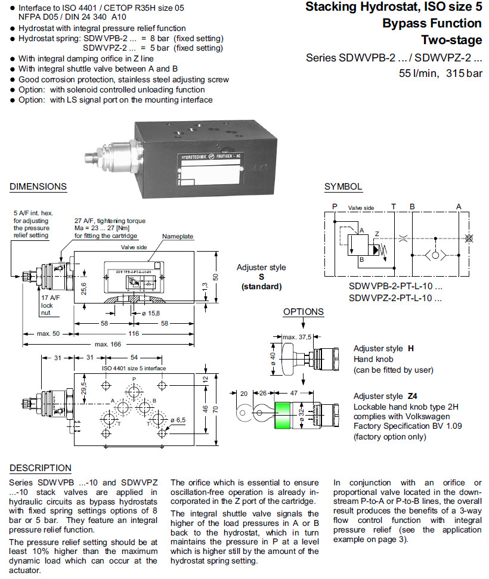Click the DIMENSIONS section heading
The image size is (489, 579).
coord(38,187)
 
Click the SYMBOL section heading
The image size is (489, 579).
coord(343,187)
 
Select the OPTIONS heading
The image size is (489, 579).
coord(304,312)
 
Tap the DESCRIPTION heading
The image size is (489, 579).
coord(41,468)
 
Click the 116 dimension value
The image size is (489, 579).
coord(134,334)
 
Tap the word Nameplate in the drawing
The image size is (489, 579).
coord(178,237)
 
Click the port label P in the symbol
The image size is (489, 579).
coord(335,206)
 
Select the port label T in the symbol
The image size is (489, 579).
coord(393,206)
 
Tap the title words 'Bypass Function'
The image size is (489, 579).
coord(432,24)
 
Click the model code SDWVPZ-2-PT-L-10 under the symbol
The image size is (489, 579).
coord(395,298)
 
